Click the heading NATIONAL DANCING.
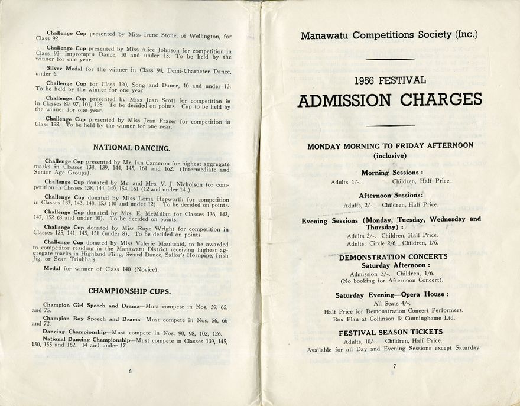[x=132, y=148]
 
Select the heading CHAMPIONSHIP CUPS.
[x=129, y=291]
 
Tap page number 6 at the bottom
[x=130, y=371]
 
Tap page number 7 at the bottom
[x=393, y=367]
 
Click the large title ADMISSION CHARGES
[x=389, y=100]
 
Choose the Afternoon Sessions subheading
[x=391, y=195]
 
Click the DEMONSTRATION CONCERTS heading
[x=393, y=257]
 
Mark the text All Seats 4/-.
[x=393, y=303]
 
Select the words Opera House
[x=422, y=294]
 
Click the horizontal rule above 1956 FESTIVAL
[x=389, y=59]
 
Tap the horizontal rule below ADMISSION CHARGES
[x=389, y=125]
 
